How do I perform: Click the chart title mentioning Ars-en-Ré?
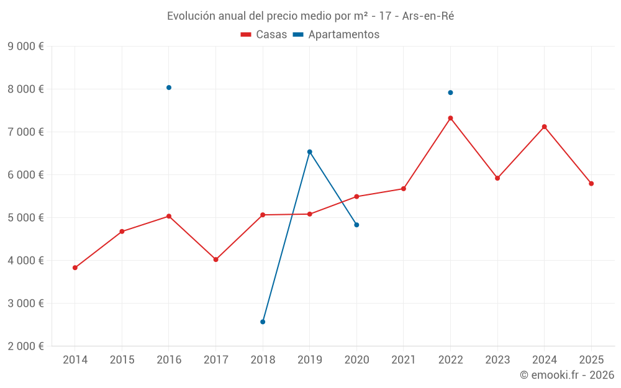(310, 16)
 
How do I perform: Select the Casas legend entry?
(264, 35)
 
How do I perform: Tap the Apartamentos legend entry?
(336, 35)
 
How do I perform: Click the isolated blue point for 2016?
(169, 88)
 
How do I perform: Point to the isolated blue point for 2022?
(450, 92)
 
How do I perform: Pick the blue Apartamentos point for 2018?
(263, 322)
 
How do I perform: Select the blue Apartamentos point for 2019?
(309, 151)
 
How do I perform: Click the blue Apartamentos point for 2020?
(356, 225)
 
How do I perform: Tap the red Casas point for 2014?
(75, 268)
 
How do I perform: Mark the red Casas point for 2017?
(215, 259)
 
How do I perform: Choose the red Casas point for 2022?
(450, 118)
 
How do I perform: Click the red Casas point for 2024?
(544, 127)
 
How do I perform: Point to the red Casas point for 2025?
(591, 184)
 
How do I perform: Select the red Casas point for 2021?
(404, 189)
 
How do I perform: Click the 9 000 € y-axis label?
(25, 46)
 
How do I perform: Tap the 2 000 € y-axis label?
(25, 346)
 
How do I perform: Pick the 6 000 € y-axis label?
(25, 174)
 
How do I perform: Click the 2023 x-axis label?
(497, 359)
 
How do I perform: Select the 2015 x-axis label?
(122, 359)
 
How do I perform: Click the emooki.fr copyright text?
(566, 375)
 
